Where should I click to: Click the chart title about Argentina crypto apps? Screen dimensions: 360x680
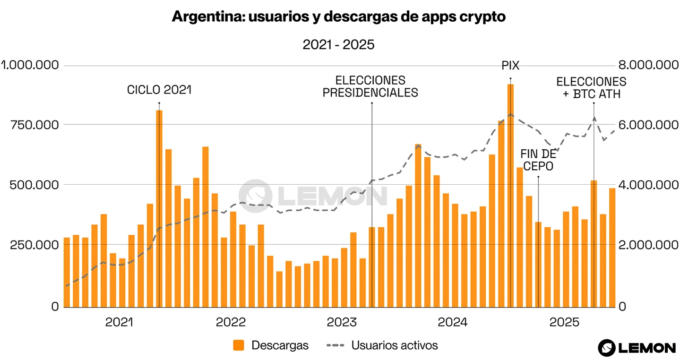click(x=339, y=17)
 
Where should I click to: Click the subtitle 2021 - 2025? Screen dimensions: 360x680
click(x=338, y=45)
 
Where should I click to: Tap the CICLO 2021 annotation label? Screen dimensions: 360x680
click(x=159, y=90)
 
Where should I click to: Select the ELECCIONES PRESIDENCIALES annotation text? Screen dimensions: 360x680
click(x=370, y=86)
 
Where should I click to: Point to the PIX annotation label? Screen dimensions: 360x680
click(x=510, y=66)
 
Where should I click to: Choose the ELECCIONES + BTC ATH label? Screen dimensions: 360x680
click(x=591, y=87)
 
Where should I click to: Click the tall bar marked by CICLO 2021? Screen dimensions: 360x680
click(x=159, y=208)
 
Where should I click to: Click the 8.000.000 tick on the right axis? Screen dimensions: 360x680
click(x=647, y=65)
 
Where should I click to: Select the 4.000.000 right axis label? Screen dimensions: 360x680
click(x=647, y=185)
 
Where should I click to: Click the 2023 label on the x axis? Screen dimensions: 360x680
click(x=342, y=323)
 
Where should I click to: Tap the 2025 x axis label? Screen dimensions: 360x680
click(x=564, y=323)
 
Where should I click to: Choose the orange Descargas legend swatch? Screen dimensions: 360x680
click(x=239, y=345)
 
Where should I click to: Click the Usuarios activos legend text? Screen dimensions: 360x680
click(x=395, y=345)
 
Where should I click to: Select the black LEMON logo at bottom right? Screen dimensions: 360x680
click(x=637, y=348)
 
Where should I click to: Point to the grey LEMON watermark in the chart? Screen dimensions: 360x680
click(x=313, y=195)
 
